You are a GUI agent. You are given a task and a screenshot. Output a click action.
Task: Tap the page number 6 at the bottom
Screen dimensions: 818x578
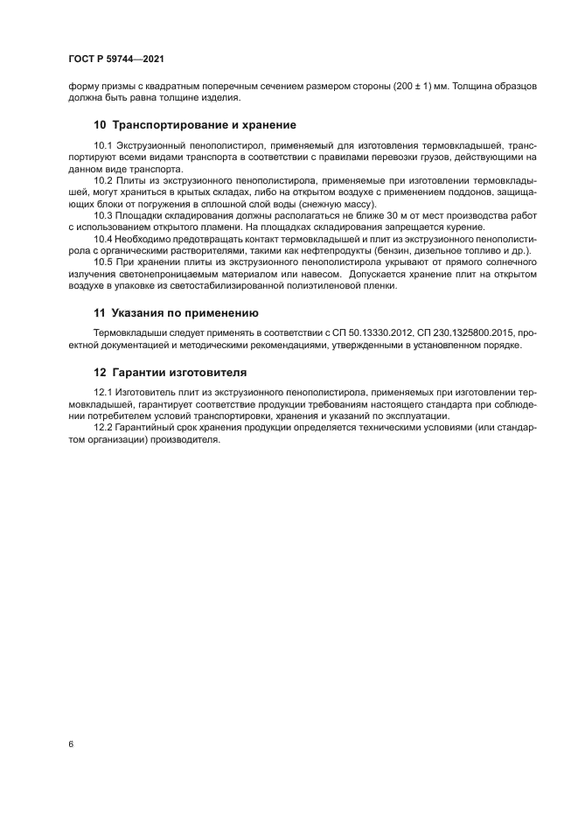coord(69,744)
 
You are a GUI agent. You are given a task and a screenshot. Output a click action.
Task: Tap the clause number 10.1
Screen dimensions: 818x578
coord(103,144)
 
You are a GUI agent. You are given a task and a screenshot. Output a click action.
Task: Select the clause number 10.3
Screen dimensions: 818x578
coord(103,213)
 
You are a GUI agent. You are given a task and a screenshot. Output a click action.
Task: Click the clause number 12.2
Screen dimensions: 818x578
coord(103,428)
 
